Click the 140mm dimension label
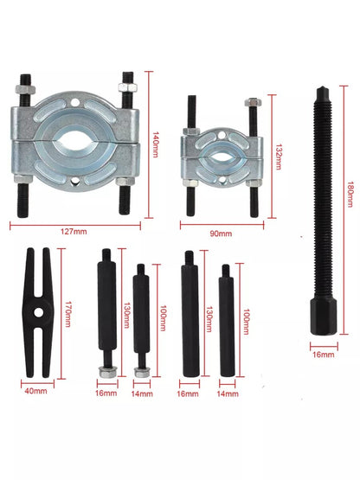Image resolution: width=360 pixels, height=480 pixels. (156, 144)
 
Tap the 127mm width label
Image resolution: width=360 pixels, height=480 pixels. (74, 232)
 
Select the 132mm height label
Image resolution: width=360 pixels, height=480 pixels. (279, 157)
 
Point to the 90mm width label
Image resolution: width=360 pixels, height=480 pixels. (221, 234)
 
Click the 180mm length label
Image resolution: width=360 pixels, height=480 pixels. (350, 195)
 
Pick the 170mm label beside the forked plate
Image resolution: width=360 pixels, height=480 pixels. (68, 314)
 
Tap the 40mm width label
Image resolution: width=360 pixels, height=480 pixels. (35, 391)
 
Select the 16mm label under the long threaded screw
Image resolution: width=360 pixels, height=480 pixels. (324, 355)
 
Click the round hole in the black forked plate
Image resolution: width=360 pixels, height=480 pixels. (39, 312)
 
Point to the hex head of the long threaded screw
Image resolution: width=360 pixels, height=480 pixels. (324, 317)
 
